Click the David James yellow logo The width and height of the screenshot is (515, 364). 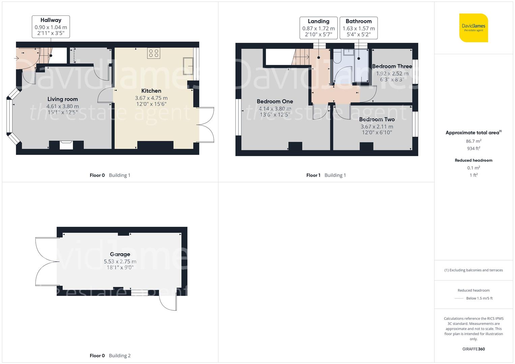point(474,28)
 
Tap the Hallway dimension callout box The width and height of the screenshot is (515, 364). point(51,27)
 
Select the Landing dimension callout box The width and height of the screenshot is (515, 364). point(318,28)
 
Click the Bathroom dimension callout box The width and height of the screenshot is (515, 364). point(359,28)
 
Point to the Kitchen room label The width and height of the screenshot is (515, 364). point(151,91)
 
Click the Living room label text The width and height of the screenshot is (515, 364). point(62,99)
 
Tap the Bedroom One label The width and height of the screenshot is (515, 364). point(275,101)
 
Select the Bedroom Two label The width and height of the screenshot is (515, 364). point(377,119)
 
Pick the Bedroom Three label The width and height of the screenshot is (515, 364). point(392,66)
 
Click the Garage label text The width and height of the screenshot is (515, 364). point(120,254)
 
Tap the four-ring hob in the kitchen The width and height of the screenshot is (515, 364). point(154,53)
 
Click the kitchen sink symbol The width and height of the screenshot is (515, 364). point(188,66)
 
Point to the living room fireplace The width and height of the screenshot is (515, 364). point(66,145)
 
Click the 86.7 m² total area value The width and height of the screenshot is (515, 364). point(474,141)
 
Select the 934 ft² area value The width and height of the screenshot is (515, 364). point(474,148)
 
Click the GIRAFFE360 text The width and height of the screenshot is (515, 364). point(474,349)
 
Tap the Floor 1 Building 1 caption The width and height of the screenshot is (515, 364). point(326,175)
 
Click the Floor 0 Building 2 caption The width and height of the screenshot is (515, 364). point(110,356)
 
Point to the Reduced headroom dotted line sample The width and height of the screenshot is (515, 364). point(459,298)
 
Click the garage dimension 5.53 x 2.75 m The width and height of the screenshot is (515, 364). point(120,262)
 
